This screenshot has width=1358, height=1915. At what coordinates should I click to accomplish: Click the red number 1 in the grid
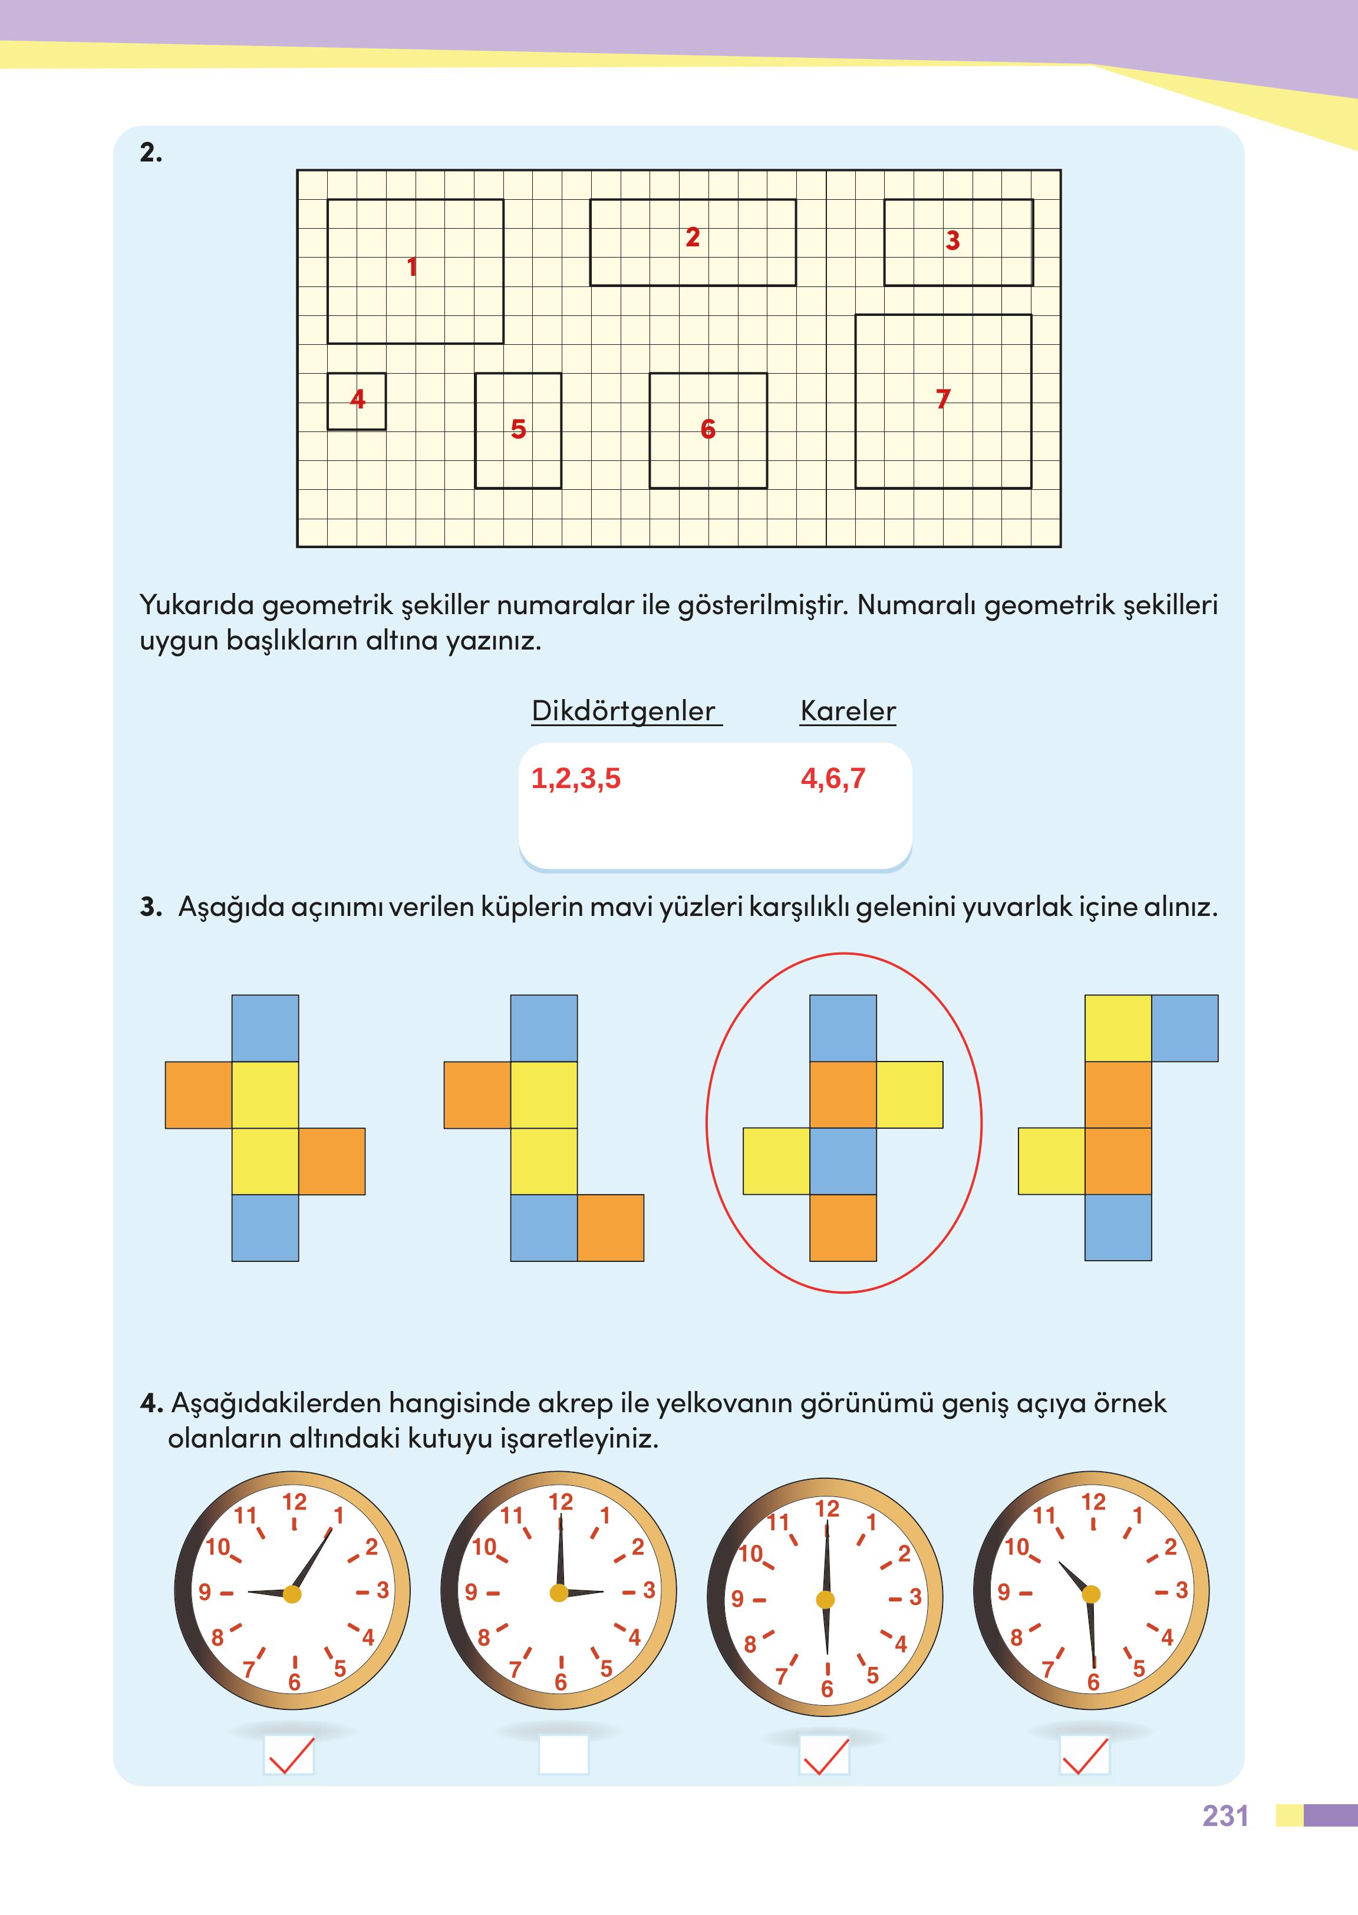coord(411,268)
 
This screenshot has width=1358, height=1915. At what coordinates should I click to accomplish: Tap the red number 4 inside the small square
coord(358,399)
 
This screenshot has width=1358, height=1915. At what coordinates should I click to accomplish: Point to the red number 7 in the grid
coord(943,399)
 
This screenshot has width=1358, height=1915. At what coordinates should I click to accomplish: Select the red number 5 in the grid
coord(519,429)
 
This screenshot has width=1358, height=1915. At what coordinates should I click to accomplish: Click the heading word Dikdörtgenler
coord(624,711)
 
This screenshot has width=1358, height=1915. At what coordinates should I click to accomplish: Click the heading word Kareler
coord(848,711)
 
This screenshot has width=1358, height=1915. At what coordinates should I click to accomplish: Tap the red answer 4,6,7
coord(833,779)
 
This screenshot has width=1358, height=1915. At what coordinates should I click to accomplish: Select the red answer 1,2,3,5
coord(576,779)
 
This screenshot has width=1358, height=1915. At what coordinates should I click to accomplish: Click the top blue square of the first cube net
coord(265,1028)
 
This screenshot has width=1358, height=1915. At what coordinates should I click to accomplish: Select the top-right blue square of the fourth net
coord(1184,1028)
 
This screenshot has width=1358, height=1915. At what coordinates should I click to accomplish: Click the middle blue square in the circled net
coord(843,1161)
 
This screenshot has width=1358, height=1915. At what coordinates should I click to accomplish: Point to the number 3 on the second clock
coord(649,1591)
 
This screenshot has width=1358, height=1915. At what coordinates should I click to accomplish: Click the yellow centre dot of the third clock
coord(825,1600)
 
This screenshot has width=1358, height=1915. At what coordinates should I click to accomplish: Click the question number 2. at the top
coord(151,153)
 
